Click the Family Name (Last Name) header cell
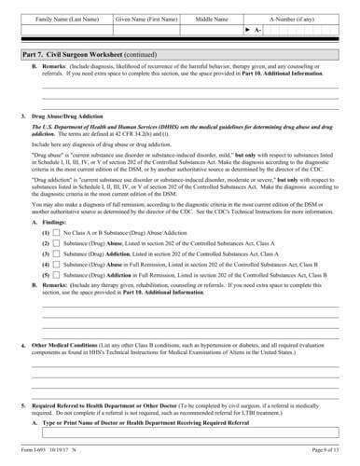point(65,18)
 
